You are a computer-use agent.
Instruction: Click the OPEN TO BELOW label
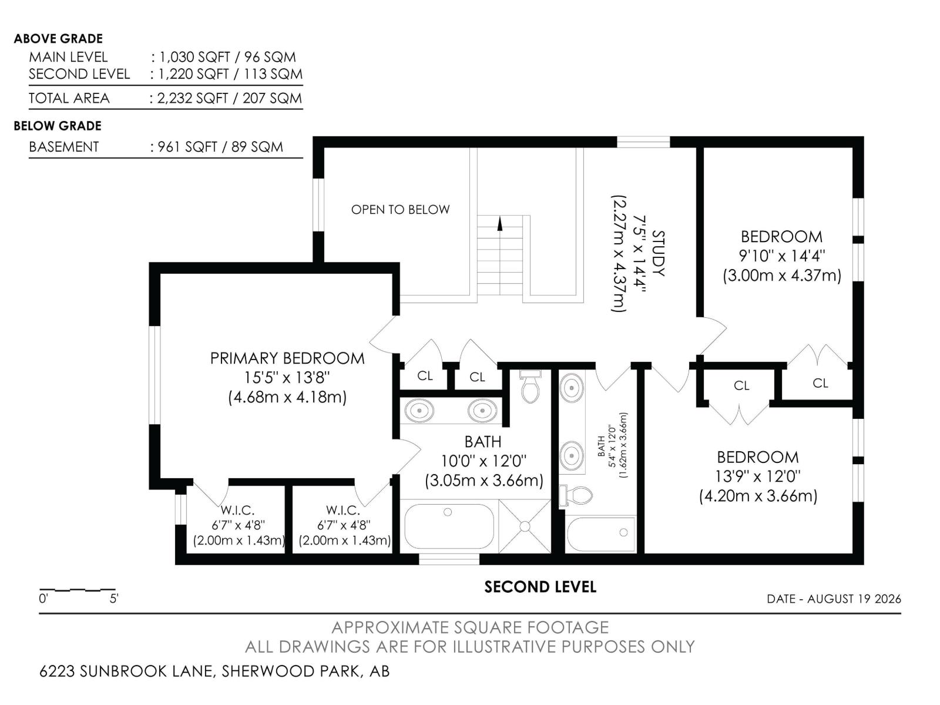pos(400,209)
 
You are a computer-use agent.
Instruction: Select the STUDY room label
pos(658,253)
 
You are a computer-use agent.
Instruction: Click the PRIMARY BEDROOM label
pos(287,358)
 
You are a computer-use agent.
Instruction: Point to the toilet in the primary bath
pos(531,387)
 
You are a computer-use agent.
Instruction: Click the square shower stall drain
pos(525,526)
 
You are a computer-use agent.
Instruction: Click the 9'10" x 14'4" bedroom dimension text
pos(781,256)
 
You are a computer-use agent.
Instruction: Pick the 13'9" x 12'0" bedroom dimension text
pos(758,476)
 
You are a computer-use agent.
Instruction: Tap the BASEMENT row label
pos(64,147)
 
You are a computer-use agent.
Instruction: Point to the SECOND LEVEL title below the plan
pos(540,587)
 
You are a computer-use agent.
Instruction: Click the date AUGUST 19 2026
pos(854,599)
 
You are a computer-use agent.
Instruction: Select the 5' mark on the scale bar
pos(114,599)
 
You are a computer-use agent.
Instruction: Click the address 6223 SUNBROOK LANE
pos(126,671)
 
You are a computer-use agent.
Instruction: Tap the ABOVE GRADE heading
pos(58,39)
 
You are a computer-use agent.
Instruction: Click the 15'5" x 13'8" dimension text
pos(287,378)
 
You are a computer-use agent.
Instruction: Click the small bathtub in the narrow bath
pos(601,534)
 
